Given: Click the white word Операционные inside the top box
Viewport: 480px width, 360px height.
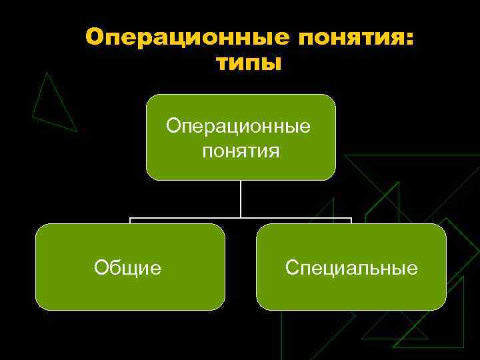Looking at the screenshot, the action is (x=239, y=126).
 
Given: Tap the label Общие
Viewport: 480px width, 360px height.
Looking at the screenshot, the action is (x=127, y=268).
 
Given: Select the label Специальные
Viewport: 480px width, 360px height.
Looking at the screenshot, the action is (x=351, y=268).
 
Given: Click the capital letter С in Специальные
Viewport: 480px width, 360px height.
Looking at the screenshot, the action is (x=291, y=268).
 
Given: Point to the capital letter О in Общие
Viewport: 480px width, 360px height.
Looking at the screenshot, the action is (x=101, y=268).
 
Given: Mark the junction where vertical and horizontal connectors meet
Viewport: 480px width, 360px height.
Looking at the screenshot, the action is (x=241, y=218).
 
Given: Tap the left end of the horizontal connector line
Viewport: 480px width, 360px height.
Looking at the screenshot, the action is (x=131, y=219).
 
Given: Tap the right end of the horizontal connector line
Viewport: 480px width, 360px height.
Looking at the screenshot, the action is (x=351, y=219).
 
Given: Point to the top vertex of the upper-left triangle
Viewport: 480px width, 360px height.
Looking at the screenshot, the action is (x=47, y=72).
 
